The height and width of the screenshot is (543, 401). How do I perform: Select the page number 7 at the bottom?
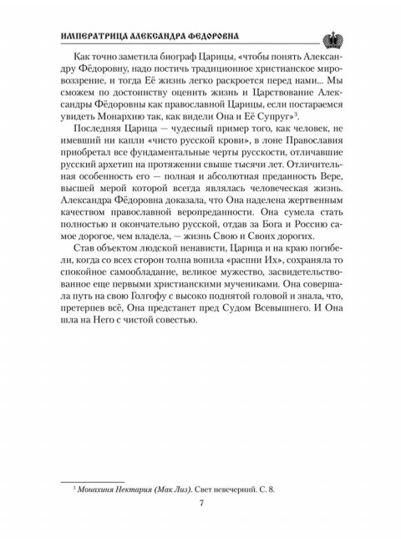200,501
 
